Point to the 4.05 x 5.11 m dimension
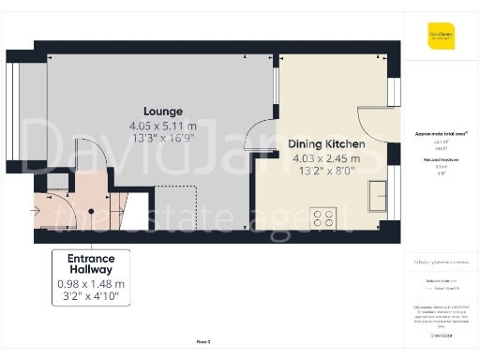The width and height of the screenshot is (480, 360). (163, 126)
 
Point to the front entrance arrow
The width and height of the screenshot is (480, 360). (36, 210)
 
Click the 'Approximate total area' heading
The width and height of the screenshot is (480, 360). (442, 133)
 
